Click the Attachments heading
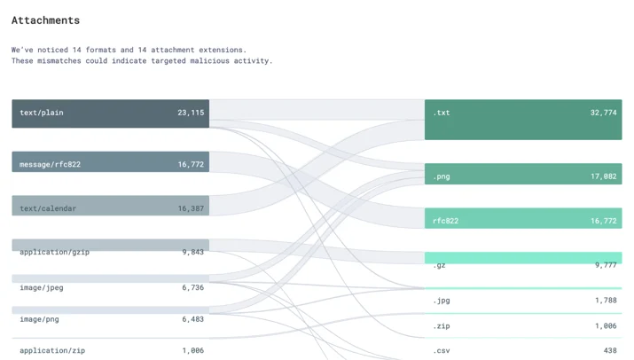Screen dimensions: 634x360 46,20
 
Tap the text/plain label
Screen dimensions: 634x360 42,113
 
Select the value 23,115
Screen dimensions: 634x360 191,113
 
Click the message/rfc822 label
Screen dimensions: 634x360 51,164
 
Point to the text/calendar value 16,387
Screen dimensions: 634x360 191,208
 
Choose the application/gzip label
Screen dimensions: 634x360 55,252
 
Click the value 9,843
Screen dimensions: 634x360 193,252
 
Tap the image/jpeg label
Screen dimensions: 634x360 42,287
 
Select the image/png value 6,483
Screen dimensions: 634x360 193,319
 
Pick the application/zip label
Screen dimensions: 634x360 52,351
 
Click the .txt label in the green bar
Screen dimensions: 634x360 441,113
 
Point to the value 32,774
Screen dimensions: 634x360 604,113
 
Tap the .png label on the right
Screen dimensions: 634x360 441,176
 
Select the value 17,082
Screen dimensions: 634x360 604,176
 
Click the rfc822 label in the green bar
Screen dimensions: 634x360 446,221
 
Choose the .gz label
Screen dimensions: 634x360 439,265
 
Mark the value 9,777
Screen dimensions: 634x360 606,265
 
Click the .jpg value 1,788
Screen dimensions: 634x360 606,300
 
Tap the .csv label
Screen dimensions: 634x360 441,351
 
